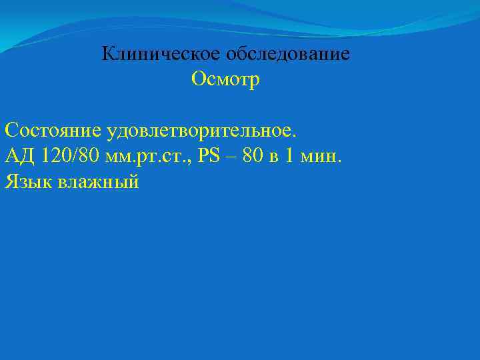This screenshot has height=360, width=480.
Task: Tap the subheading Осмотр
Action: click(225, 79)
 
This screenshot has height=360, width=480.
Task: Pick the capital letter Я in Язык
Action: click(10, 181)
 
